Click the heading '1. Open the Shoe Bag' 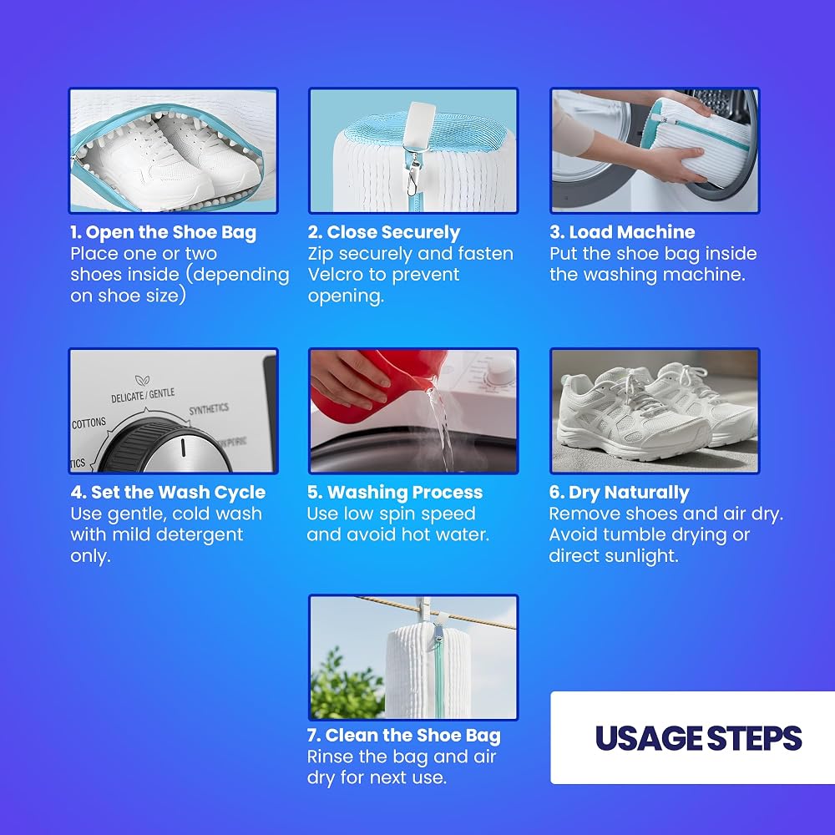click(x=163, y=233)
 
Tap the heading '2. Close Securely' click(x=383, y=233)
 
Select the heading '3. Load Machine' click(x=622, y=232)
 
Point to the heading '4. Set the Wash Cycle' click(x=168, y=493)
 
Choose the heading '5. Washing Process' click(x=395, y=493)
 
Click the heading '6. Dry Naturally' click(x=619, y=493)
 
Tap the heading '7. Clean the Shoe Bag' click(x=403, y=736)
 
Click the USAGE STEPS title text click(x=698, y=738)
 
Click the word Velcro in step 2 click(x=336, y=275)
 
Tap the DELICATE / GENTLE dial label click(x=143, y=395)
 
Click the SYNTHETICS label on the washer click(x=209, y=409)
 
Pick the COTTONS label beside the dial click(x=89, y=423)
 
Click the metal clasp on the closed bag click(x=411, y=177)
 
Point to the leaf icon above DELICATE click(x=142, y=380)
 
